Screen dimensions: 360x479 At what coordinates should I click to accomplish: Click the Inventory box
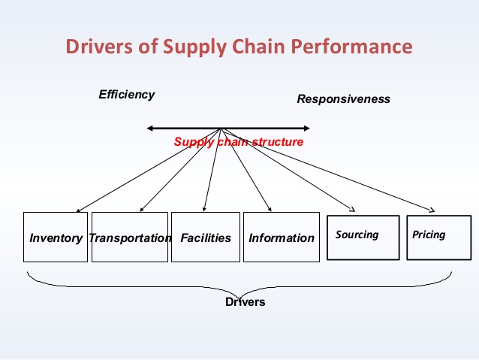point(56,237)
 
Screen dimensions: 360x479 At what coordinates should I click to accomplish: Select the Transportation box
point(130,237)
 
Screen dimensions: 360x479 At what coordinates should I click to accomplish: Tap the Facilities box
point(206,237)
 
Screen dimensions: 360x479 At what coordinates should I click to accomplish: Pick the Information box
point(281,237)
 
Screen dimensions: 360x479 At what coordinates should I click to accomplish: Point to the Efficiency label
point(127,95)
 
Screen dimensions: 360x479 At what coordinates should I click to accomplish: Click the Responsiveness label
point(343,99)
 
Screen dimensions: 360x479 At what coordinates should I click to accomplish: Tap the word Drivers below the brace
point(245,302)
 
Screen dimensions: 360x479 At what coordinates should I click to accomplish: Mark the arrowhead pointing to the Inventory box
point(77,210)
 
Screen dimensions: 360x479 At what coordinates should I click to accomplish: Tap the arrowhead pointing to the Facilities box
point(205,209)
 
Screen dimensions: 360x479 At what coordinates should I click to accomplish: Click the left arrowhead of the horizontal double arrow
point(150,129)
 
